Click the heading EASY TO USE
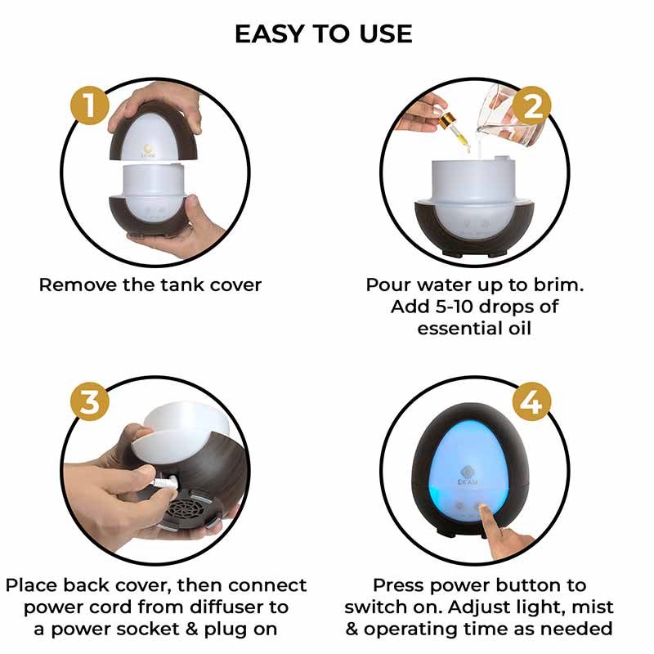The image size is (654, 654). [x=324, y=34]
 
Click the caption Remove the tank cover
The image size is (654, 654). [x=150, y=285]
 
